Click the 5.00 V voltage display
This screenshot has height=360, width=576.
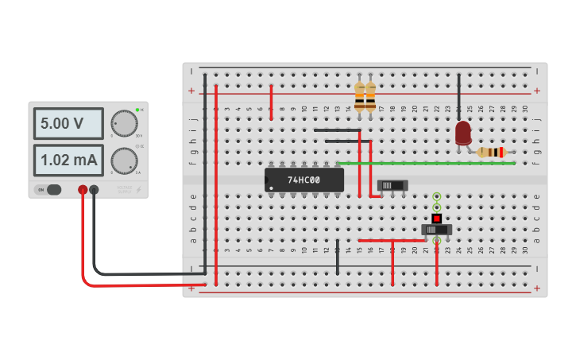point(68,123)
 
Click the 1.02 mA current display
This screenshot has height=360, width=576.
point(68,160)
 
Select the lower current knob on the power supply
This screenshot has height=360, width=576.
point(123,161)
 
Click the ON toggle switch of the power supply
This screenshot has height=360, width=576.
point(49,189)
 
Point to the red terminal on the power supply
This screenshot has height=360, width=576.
point(83,189)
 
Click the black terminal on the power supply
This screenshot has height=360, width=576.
point(95,189)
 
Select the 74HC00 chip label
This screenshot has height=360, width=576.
point(303,180)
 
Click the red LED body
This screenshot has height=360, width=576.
point(463,132)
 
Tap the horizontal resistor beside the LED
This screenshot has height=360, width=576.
point(493,152)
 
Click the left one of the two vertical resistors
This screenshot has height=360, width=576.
point(359,97)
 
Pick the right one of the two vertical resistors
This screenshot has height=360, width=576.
point(370,97)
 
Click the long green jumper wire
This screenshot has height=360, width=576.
point(426,163)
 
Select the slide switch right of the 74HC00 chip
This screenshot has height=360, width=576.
point(392,185)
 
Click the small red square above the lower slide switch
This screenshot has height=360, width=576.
point(436,218)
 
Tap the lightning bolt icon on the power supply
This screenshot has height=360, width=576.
point(140,190)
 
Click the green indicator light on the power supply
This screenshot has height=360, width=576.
point(137,110)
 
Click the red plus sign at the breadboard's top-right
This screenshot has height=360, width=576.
point(536,91)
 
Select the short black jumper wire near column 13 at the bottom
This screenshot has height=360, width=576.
point(338,257)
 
